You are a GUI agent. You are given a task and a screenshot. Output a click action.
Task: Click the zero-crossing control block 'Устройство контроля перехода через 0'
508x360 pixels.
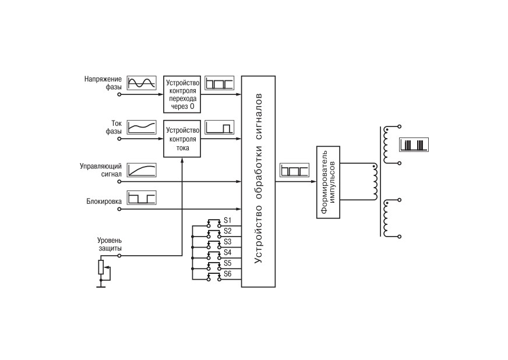(182, 94)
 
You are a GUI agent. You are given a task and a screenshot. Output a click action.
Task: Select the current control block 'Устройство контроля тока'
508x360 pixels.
(182, 139)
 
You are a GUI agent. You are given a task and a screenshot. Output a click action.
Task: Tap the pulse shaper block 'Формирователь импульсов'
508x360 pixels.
(328, 182)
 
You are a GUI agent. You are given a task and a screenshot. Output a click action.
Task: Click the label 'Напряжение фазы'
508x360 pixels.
(103, 83)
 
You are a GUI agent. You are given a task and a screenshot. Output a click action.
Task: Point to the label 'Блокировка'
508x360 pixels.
(104, 201)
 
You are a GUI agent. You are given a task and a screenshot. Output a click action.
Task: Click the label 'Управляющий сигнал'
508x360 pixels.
(101, 170)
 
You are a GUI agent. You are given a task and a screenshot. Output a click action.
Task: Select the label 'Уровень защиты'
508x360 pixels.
(110, 244)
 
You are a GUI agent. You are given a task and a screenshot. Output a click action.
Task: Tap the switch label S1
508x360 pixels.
(228, 221)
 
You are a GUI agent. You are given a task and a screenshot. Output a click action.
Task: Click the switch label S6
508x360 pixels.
(228, 274)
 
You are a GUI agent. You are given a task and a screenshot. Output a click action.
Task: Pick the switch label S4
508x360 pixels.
(228, 252)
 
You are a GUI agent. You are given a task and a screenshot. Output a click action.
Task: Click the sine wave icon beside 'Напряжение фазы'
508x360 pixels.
(141, 83)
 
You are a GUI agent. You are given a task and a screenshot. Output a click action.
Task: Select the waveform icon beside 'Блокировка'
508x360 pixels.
(141, 197)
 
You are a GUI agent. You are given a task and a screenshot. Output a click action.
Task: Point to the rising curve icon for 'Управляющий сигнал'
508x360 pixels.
(141, 170)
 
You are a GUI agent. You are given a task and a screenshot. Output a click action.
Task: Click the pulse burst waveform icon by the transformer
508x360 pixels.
(414, 144)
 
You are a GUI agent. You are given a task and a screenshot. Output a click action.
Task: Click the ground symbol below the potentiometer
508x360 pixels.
(101, 287)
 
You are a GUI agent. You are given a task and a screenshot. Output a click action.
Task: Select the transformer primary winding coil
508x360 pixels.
(375, 182)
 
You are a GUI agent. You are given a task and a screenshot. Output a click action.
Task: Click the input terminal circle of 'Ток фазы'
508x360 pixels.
(119, 139)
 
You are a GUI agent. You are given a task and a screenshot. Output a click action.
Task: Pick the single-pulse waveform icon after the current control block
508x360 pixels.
(219, 128)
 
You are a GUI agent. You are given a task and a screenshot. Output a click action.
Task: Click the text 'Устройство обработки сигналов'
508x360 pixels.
(259, 178)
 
